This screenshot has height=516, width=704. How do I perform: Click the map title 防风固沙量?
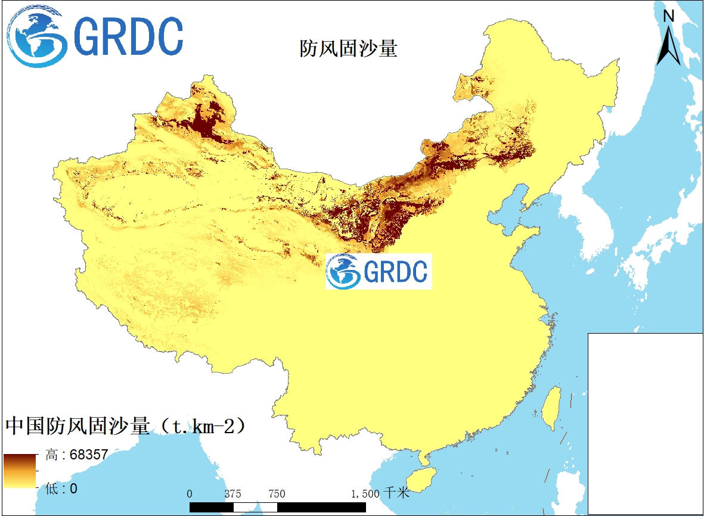(x=348, y=49)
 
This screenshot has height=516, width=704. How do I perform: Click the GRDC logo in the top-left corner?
(x=95, y=36)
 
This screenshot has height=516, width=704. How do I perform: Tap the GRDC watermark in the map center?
(x=378, y=272)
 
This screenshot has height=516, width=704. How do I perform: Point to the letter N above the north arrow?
(x=669, y=16)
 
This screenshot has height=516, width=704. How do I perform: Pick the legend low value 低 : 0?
(x=61, y=489)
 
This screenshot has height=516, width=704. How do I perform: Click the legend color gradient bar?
(x=20, y=471)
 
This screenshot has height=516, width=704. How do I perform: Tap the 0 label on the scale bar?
(x=190, y=494)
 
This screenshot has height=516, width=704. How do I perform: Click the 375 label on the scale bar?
(x=233, y=494)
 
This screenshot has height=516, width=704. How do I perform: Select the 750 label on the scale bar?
(x=277, y=494)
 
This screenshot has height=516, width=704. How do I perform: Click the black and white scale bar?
(x=277, y=506)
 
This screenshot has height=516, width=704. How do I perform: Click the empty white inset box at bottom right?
(x=646, y=423)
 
